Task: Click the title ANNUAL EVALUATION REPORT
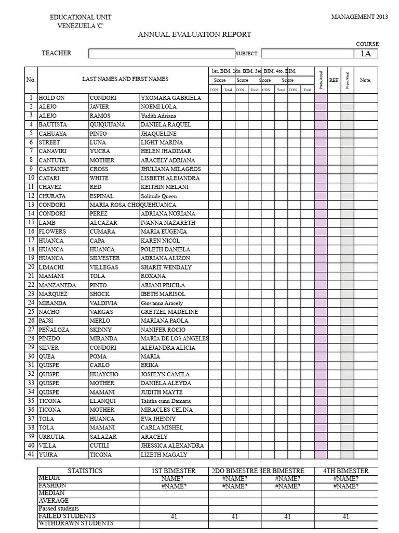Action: pos(194,35)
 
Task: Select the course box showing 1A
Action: pos(366,54)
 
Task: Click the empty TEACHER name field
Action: pos(162,53)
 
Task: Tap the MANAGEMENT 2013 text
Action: pos(360,17)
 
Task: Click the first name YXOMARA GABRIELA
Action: pos(170,98)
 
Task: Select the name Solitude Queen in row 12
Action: pos(158,196)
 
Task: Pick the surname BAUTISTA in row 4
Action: pos(53,124)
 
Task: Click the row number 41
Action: pos(31,454)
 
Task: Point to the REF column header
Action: pos(334,80)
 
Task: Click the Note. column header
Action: pos(365,80)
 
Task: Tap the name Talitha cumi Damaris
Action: pos(166,401)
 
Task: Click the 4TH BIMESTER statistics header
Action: pos(345,471)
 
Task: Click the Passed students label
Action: pos(59,508)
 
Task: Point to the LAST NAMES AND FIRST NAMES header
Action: pos(125,79)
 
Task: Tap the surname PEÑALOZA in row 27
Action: pos(55,329)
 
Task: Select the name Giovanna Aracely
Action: pos(162,302)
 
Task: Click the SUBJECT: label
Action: pos(247,54)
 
